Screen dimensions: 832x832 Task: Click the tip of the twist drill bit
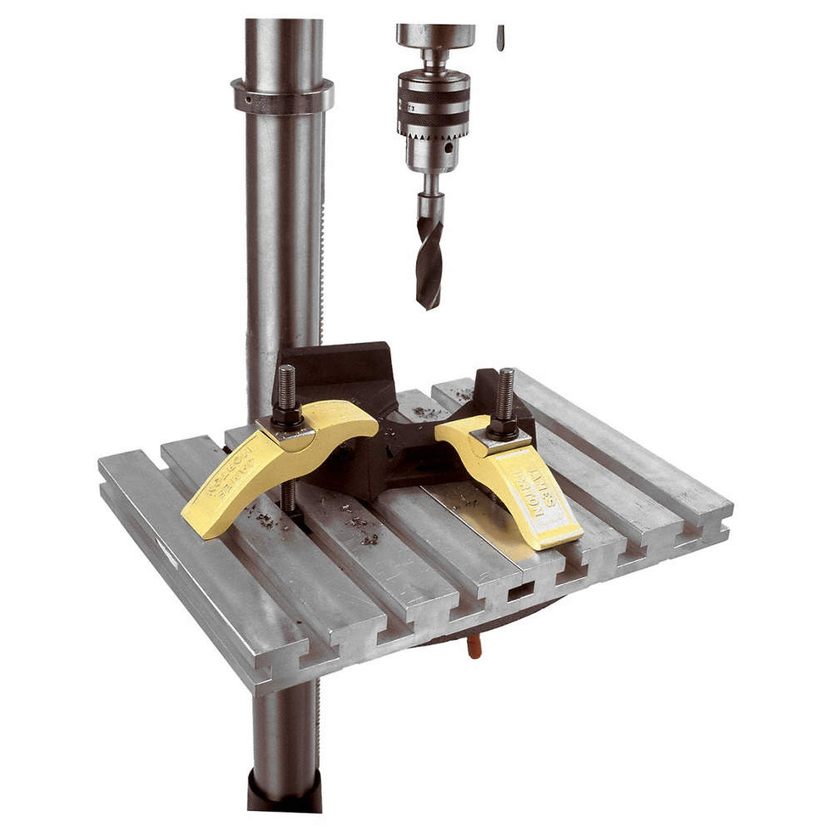(x=429, y=306)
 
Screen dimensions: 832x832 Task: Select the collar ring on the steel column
(x=282, y=96)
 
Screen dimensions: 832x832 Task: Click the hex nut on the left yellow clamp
(x=286, y=414)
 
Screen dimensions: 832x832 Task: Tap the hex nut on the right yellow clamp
(x=503, y=427)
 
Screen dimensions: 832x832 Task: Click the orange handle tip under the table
(x=474, y=647)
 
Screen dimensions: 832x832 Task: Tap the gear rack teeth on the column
(x=322, y=250)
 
